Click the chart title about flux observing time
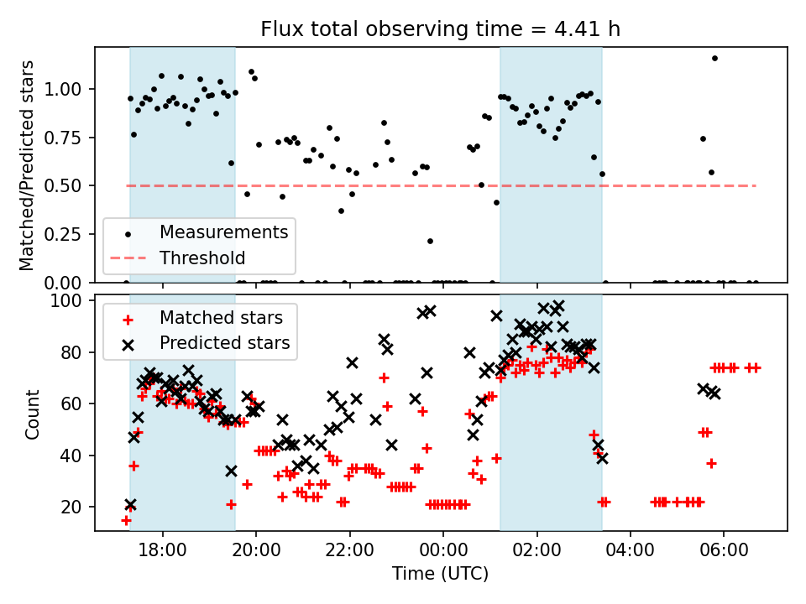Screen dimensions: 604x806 click(x=441, y=30)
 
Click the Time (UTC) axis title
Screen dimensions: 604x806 click(x=440, y=575)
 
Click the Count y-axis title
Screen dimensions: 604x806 click(x=33, y=414)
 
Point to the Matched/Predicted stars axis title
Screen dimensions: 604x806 click(x=27, y=165)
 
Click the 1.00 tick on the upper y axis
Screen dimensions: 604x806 click(x=70, y=89)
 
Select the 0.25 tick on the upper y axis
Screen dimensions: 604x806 click(x=70, y=234)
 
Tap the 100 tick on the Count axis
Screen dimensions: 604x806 click(x=74, y=300)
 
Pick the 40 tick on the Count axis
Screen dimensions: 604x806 click(x=77, y=456)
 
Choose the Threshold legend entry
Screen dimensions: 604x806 click(x=202, y=258)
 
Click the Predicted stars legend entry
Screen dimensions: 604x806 click(x=224, y=343)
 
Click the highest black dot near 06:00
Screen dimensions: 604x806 click(x=714, y=58)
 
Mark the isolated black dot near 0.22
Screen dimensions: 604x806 click(x=430, y=241)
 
